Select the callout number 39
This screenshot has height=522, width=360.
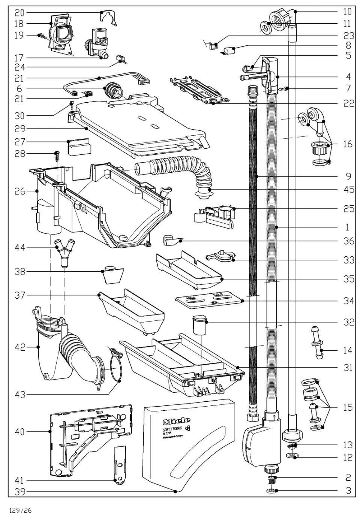[19, 491]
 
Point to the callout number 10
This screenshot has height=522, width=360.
[347, 12]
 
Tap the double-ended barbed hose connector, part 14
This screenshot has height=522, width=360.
[315, 343]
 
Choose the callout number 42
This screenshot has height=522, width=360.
[19, 347]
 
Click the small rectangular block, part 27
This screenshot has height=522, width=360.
[78, 147]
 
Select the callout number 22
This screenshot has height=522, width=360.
[348, 103]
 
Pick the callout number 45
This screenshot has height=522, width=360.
[348, 189]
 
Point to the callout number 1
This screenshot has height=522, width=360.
[348, 227]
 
